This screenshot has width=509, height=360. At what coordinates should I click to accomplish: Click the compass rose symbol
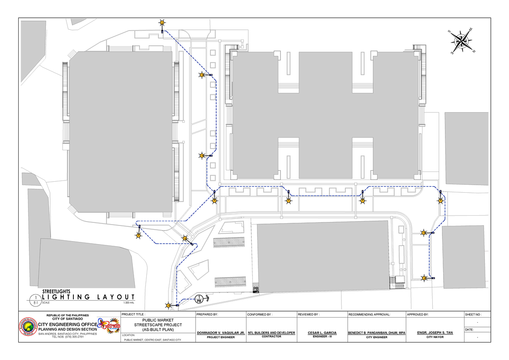click(x=461, y=41)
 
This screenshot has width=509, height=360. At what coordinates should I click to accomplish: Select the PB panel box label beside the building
click(x=256, y=289)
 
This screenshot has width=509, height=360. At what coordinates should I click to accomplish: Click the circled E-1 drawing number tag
click(x=35, y=300)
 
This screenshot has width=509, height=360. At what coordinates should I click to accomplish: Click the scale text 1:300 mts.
click(x=129, y=303)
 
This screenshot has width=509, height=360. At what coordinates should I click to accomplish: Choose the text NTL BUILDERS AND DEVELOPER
click(x=271, y=333)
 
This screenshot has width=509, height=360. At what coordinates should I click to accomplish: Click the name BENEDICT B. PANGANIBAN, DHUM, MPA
click(x=377, y=333)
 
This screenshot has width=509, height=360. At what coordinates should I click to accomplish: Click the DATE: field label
click(x=470, y=329)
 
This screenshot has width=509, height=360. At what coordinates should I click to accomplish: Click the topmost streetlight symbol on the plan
click(x=162, y=23)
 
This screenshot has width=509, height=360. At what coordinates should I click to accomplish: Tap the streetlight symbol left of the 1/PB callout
click(x=168, y=305)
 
